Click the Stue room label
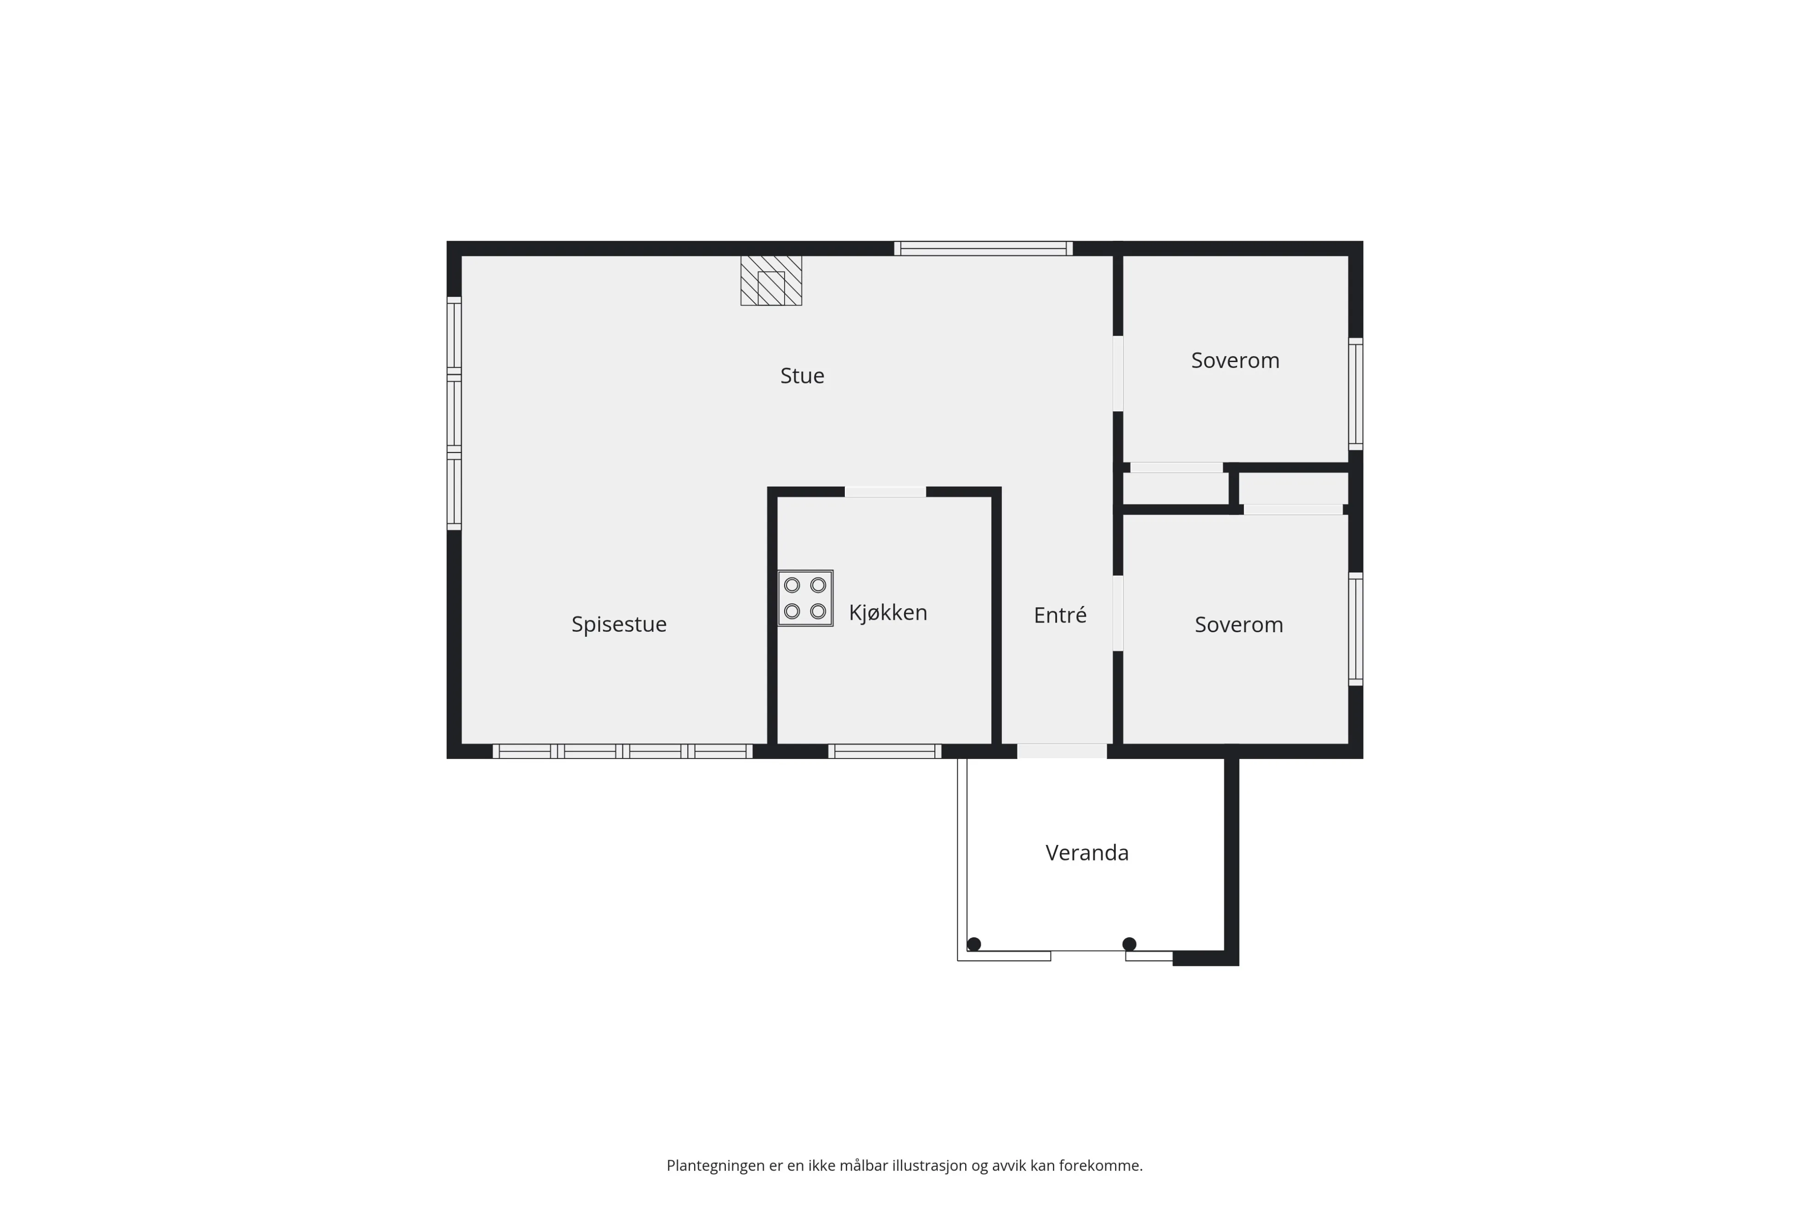click(x=802, y=376)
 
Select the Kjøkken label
click(x=888, y=613)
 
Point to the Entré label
click(x=1060, y=615)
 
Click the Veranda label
click(x=1086, y=853)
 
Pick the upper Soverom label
click(x=1235, y=360)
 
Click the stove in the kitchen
click(x=805, y=598)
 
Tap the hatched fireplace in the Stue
click(x=771, y=280)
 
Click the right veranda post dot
click(x=1129, y=944)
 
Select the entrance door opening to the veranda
click(x=1062, y=751)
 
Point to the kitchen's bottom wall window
click(x=884, y=751)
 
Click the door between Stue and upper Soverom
click(x=1117, y=374)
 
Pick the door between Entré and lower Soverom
click(x=1117, y=613)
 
